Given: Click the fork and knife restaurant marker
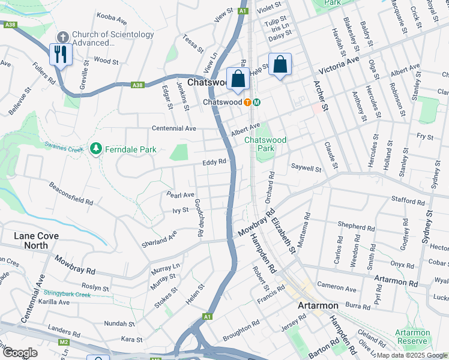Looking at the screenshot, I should (61, 55).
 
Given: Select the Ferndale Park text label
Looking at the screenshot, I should (130, 148).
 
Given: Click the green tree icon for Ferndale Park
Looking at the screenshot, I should (94, 148).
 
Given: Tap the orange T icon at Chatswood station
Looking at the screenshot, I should (247, 102).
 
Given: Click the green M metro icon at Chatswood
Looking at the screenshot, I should (256, 102).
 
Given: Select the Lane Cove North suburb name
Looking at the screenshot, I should (36, 241).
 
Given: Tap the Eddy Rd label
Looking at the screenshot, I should (214, 161).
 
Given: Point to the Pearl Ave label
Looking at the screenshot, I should (180, 195).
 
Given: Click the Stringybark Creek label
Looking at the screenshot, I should (66, 294).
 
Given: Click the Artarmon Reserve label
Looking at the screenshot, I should (412, 337).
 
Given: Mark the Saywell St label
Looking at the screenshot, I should (306, 169).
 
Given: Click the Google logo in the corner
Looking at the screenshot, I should (19, 353).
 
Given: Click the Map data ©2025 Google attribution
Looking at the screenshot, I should (412, 355).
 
